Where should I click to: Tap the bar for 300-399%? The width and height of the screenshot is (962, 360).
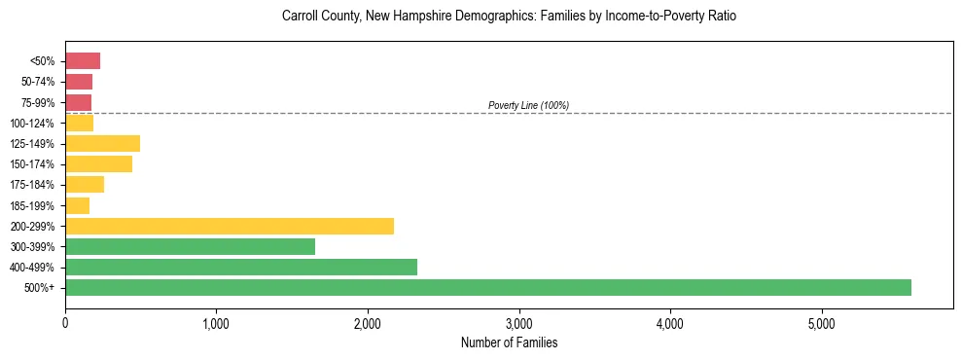190,246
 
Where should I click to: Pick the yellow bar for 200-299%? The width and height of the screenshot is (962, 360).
230,226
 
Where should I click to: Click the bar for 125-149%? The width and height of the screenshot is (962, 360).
102,144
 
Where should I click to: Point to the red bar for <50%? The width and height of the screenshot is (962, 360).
83,61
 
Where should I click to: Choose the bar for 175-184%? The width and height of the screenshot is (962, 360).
85,185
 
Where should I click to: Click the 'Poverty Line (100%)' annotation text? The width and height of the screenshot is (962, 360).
528,105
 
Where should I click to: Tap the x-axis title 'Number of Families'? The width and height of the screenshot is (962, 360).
509,342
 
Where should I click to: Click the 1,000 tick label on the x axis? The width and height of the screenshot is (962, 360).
216,322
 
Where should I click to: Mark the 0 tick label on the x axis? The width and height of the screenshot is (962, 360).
65,322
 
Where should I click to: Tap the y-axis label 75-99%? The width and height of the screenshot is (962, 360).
45,103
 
